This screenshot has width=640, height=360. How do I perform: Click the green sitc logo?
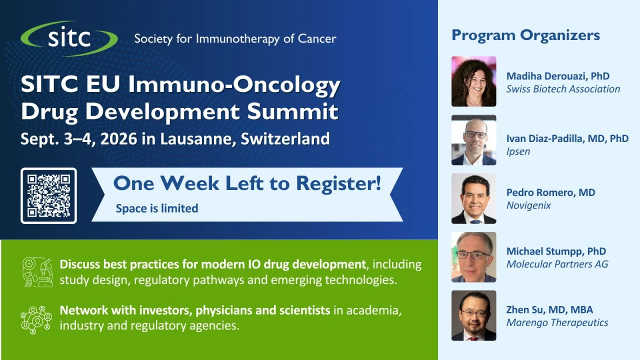pyautogui.click(x=69, y=38)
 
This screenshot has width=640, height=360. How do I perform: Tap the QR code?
pyautogui.click(x=48, y=195)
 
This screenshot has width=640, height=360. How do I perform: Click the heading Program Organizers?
pyautogui.click(x=525, y=35)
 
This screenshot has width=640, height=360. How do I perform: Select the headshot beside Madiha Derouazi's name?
pyautogui.click(x=473, y=81)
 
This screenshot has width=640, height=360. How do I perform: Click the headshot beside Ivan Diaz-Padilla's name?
pyautogui.click(x=473, y=140)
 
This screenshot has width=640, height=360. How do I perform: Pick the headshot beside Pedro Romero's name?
pyautogui.click(x=473, y=198)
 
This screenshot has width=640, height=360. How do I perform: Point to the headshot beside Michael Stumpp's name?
pyautogui.click(x=473, y=257)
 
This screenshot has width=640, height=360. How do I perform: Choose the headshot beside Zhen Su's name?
pyautogui.click(x=473, y=315)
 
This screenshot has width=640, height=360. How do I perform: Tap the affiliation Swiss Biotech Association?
pyautogui.click(x=563, y=89)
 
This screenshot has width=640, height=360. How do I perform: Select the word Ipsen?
pyautogui.click(x=518, y=151)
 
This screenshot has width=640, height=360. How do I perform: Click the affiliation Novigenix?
pyautogui.click(x=528, y=205)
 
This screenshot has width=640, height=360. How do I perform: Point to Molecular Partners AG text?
pyautogui.click(x=557, y=264)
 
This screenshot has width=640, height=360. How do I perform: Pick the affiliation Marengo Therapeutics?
pyautogui.click(x=557, y=323)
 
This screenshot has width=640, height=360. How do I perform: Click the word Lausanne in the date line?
pyautogui.click(x=197, y=139)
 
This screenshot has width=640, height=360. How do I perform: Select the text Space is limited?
pyautogui.click(x=157, y=208)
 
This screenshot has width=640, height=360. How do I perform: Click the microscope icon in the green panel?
pyautogui.click(x=37, y=271)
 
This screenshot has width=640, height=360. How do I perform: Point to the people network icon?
pyautogui.click(x=36, y=319)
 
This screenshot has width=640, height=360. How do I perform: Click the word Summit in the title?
pyautogui.click(x=292, y=111)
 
